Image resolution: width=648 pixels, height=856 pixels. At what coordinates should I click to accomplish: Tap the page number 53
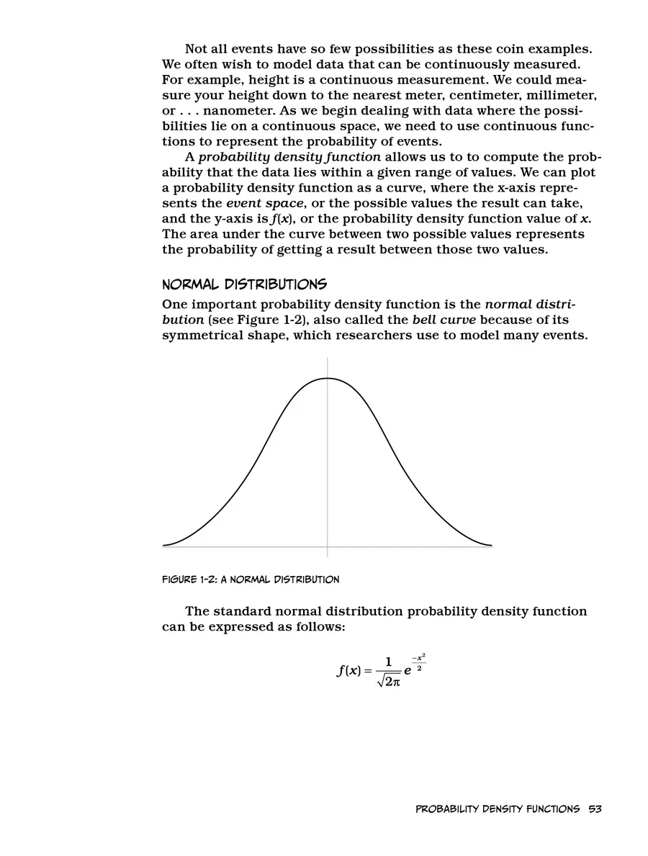pyautogui.click(x=594, y=809)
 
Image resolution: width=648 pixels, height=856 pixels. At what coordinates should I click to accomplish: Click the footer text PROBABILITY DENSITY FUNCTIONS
pyautogui.click(x=498, y=809)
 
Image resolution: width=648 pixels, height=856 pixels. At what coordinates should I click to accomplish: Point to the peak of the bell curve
pyautogui.click(x=328, y=377)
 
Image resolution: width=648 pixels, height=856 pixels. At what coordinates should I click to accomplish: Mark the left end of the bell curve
pyautogui.click(x=165, y=545)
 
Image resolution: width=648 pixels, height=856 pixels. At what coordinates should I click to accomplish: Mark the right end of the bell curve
pyautogui.click(x=491, y=545)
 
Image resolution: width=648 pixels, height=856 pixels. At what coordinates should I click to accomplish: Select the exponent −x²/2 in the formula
pyautogui.click(x=419, y=663)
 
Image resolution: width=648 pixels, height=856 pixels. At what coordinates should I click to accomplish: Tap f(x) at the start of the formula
pyautogui.click(x=348, y=671)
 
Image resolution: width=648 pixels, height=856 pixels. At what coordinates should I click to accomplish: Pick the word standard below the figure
pyautogui.click(x=245, y=611)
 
